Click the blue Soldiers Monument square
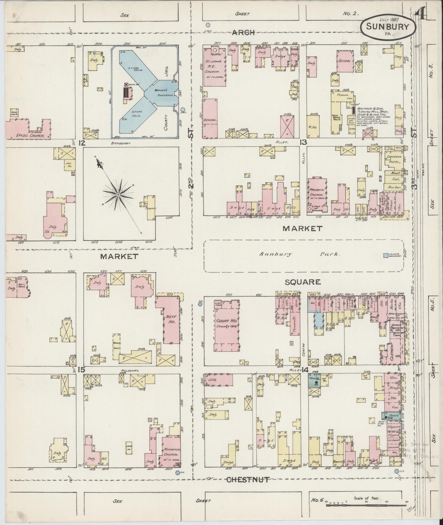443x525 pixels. tap(386, 255)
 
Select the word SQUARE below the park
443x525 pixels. tap(303, 282)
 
